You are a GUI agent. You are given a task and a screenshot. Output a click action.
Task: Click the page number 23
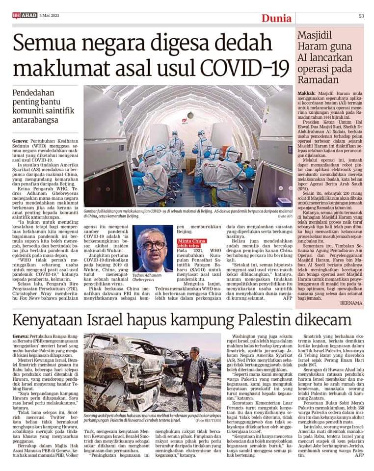pos(361,16)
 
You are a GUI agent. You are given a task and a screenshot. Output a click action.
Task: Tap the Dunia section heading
pos(276,19)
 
